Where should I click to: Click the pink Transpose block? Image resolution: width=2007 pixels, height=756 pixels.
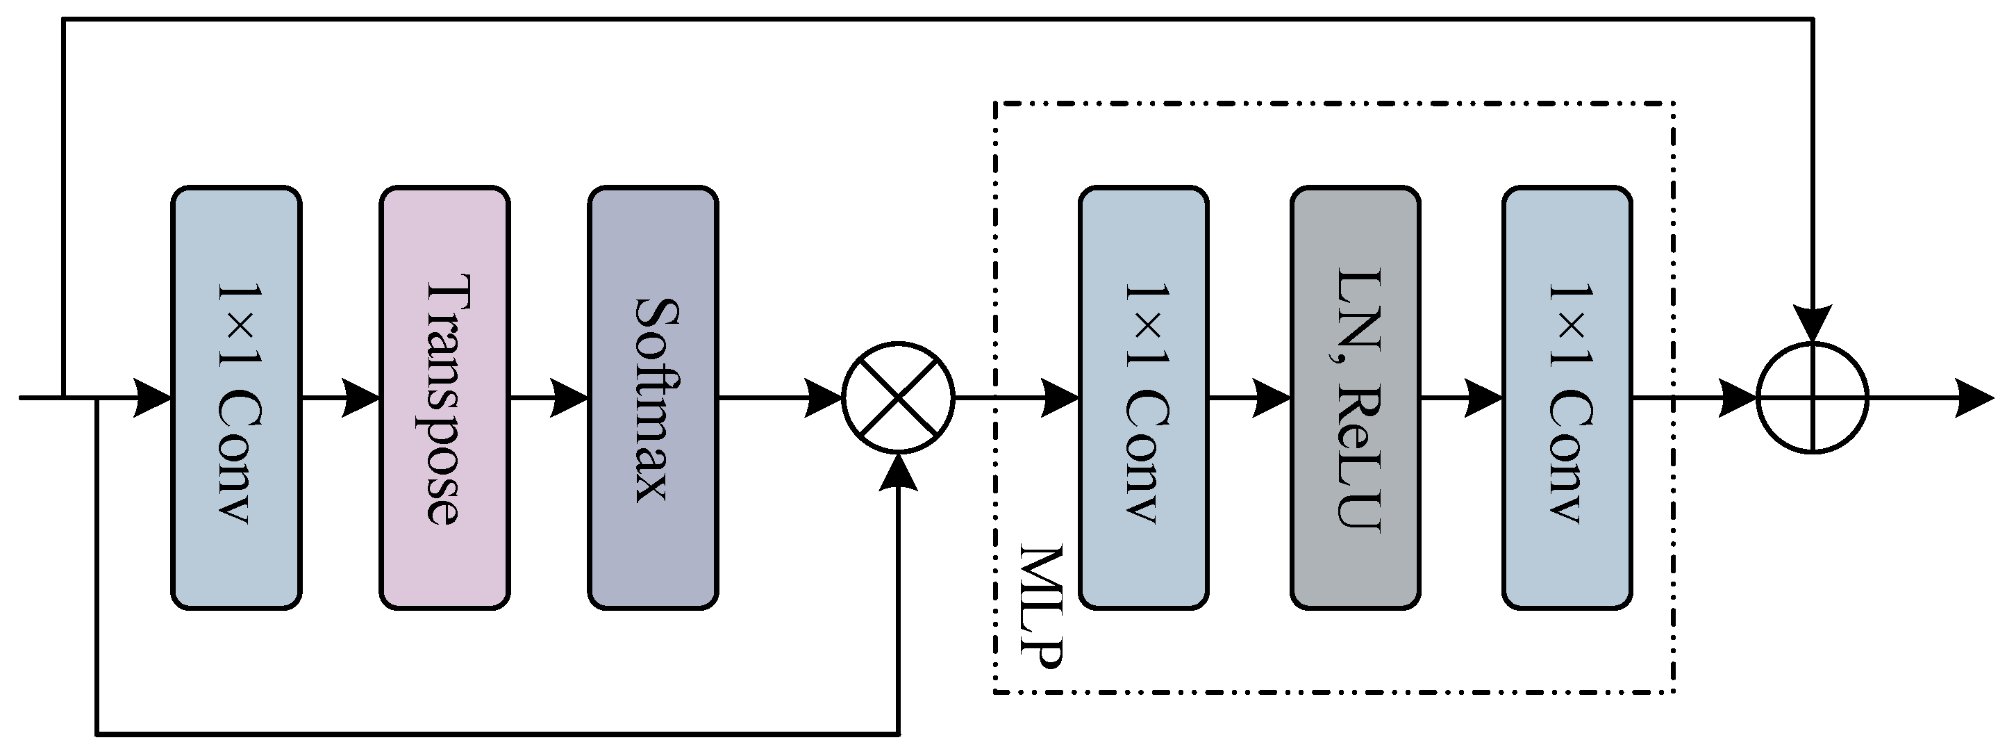pos(444,397)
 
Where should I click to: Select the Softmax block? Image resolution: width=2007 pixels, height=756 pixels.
pos(653,397)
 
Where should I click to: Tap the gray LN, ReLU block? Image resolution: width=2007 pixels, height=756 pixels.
pos(1355,397)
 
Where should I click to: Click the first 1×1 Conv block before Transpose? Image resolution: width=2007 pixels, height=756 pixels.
pos(236,397)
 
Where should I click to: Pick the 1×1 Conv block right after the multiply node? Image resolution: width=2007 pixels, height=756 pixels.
pos(1143,397)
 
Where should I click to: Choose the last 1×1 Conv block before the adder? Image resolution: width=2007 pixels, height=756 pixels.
pos(1567,397)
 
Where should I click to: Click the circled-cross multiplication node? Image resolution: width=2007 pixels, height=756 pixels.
pos(899,397)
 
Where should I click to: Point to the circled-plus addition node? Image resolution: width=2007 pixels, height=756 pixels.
pos(1813,397)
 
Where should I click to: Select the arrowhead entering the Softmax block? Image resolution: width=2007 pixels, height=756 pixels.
pos(569,397)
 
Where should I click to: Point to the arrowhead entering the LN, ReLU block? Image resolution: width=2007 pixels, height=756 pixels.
pos(1272,397)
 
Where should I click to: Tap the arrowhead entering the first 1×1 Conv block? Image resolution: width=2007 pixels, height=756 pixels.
pos(153,397)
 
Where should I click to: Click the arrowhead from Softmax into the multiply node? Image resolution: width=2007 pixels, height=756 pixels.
pos(824,397)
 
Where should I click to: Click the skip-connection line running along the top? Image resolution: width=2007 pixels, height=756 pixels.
pos(935,19)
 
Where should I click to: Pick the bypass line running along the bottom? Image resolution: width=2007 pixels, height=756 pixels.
pos(499,733)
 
